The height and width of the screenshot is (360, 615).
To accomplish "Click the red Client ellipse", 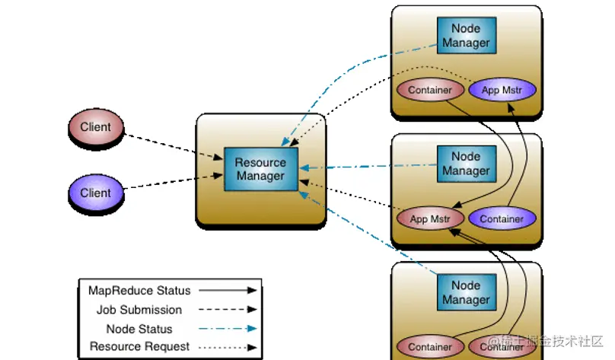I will coord(96,127).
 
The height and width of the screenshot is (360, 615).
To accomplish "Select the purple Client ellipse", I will coord(96,193).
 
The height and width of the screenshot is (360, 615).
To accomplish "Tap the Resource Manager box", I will coord(260,169).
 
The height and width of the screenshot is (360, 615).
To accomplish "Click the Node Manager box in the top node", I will coord(466,36).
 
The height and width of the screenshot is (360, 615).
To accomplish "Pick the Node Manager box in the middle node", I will coord(466,164).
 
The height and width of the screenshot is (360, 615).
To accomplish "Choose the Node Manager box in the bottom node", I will coord(466,293).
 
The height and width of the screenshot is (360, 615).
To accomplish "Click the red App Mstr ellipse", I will coord(430,219).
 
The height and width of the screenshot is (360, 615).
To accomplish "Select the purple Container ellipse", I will coord(502,219).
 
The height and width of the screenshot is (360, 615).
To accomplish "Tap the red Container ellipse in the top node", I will coord(430,90).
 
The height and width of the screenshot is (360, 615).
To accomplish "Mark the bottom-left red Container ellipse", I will coord(430,347).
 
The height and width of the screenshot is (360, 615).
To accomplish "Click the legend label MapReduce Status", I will coord(139,291).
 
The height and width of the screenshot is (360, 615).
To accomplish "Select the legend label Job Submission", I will coord(139,310).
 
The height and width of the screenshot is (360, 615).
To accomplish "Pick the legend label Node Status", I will coord(139,329).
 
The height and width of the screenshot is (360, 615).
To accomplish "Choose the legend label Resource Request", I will coord(139,347).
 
